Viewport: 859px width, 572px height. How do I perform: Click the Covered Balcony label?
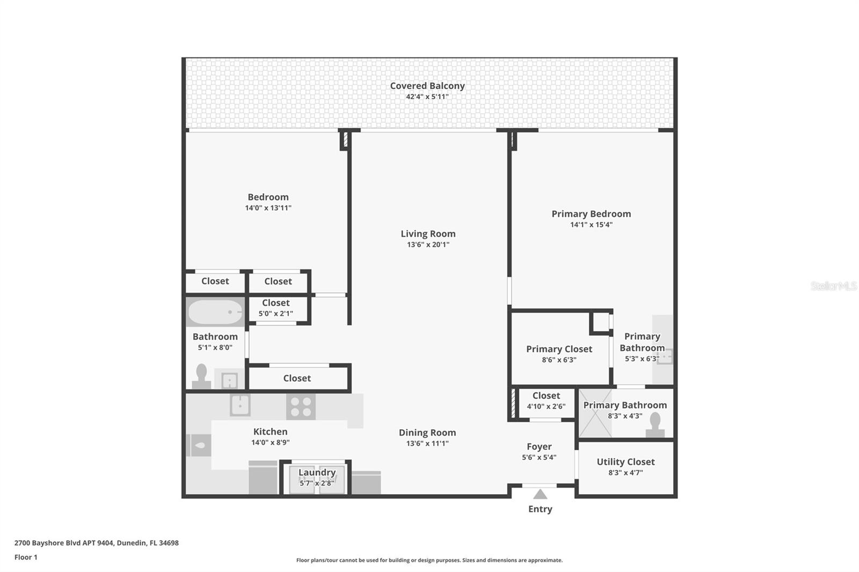click(x=427, y=86)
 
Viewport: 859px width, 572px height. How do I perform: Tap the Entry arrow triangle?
click(x=540, y=494)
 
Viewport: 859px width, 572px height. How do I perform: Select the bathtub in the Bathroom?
click(x=215, y=312)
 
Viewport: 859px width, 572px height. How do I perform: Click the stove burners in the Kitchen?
click(x=300, y=406)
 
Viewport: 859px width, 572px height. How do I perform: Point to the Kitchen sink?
click(x=240, y=405)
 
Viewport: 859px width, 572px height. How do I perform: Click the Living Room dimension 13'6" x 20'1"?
click(x=428, y=245)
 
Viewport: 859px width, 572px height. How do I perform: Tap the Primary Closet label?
click(x=559, y=349)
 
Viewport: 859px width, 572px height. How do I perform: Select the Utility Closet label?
click(x=625, y=461)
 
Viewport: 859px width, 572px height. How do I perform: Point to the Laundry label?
click(x=317, y=472)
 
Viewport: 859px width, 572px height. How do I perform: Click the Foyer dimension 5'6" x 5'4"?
click(x=539, y=458)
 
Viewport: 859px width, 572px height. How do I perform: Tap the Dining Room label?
click(x=427, y=432)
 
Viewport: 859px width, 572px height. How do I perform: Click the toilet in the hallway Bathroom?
click(x=202, y=376)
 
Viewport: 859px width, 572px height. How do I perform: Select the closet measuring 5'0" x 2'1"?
click(x=276, y=308)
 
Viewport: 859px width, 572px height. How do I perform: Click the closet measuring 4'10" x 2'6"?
click(x=546, y=401)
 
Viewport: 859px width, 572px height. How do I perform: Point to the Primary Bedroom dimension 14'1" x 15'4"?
click(x=591, y=225)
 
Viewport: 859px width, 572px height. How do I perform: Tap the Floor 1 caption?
click(x=26, y=557)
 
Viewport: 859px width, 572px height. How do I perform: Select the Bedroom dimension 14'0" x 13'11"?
click(x=268, y=208)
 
